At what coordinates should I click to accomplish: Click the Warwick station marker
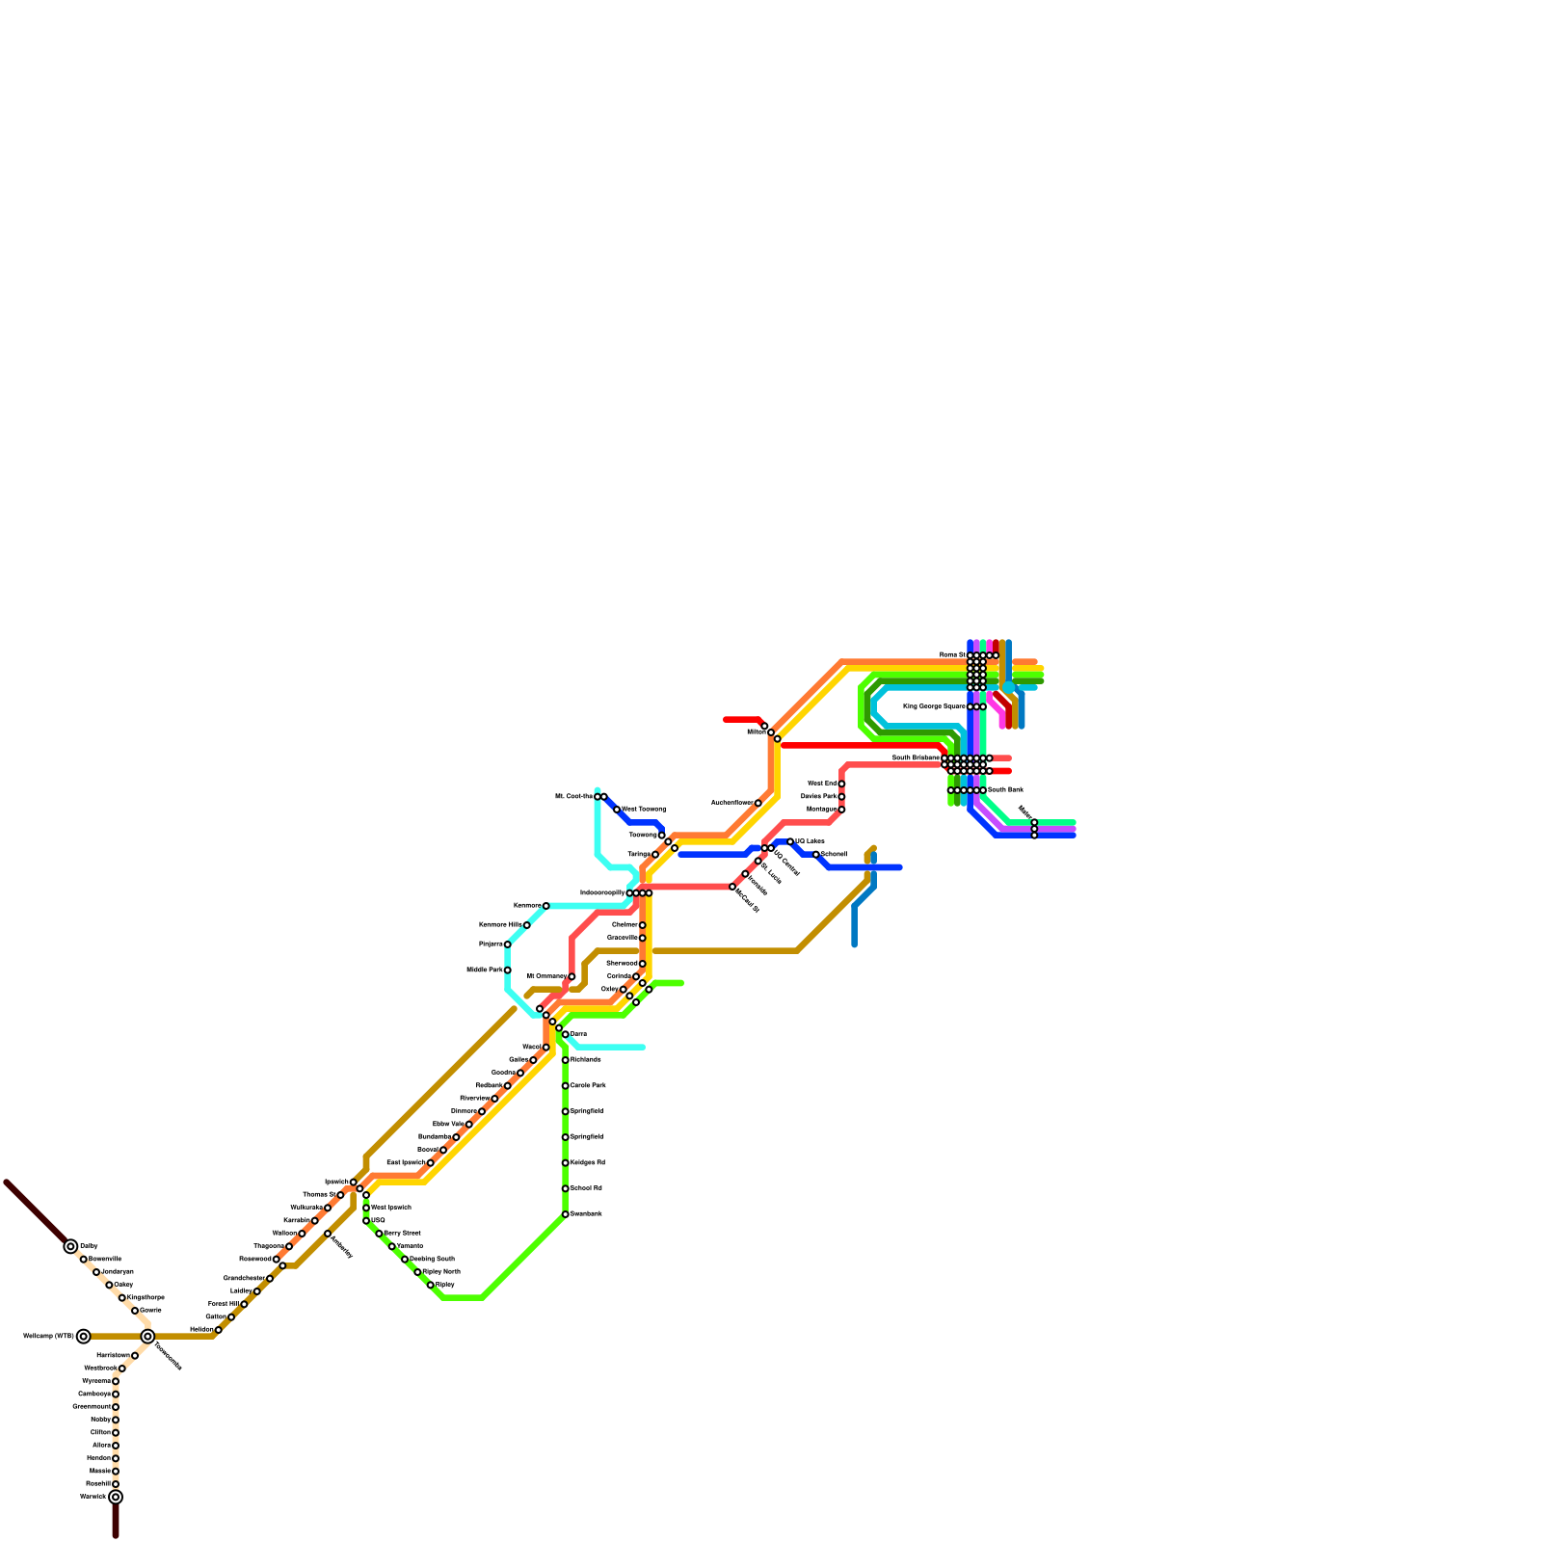tap(116, 1497)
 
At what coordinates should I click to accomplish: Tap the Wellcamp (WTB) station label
tap(48, 1337)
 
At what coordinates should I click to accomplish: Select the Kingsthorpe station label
tap(146, 1297)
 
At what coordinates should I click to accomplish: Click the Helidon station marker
tap(219, 1330)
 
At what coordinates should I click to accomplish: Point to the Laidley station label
tap(241, 1290)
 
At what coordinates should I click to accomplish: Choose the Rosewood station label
tap(256, 1259)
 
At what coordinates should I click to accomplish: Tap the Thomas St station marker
tap(340, 1195)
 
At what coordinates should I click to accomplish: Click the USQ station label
tap(379, 1220)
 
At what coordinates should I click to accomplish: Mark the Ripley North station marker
tap(417, 1272)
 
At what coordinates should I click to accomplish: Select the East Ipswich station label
tap(406, 1162)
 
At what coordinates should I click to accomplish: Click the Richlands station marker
tap(565, 1060)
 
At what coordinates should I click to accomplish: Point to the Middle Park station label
tap(485, 970)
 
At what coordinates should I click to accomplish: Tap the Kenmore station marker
tap(545, 906)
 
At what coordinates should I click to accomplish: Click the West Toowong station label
tap(645, 809)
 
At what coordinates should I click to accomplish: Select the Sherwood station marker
tap(642, 964)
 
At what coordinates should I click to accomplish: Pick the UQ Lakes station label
tap(811, 841)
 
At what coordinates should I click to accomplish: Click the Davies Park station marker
tap(841, 797)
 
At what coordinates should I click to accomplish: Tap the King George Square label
tap(935, 706)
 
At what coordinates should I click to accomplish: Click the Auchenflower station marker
tap(758, 803)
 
